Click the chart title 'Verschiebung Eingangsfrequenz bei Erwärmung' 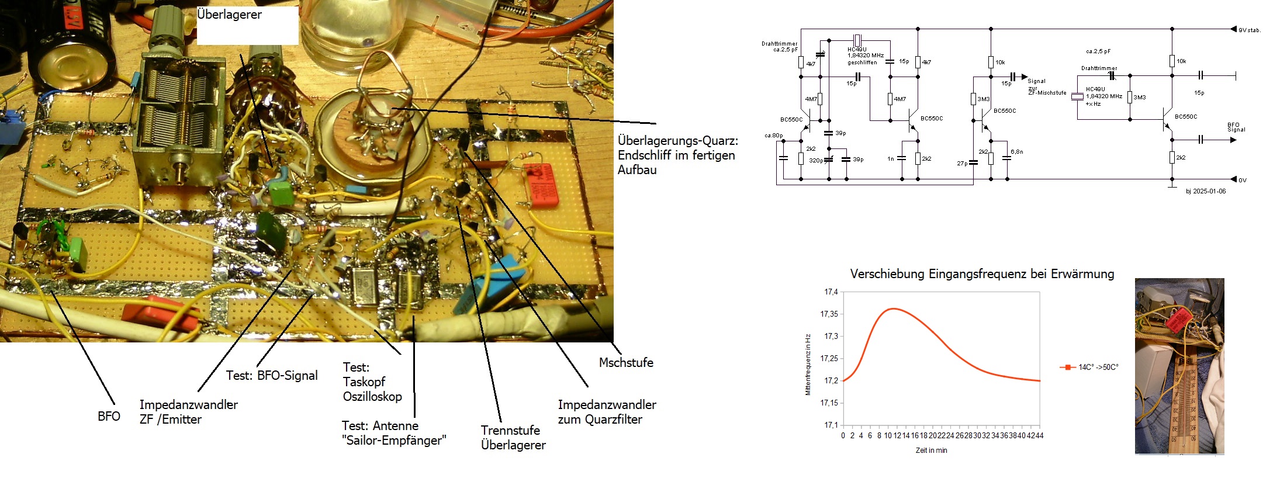pyautogui.click(x=982, y=274)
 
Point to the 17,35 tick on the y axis pyautogui.click(x=829, y=314)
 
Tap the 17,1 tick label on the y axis pyautogui.click(x=831, y=425)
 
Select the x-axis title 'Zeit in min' pyautogui.click(x=931, y=451)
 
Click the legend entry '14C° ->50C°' pyautogui.click(x=1089, y=367)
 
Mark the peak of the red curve pyautogui.click(x=892, y=309)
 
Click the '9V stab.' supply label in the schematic pyautogui.click(x=1249, y=30)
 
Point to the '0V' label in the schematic pyautogui.click(x=1243, y=180)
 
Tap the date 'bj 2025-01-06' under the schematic pyautogui.click(x=1206, y=191)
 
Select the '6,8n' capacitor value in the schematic pyautogui.click(x=1017, y=152)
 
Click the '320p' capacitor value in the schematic pyautogui.click(x=816, y=160)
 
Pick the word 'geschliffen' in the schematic pyautogui.click(x=862, y=63)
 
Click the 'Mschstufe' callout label pyautogui.click(x=626, y=363)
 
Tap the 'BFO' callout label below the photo pyautogui.click(x=109, y=417)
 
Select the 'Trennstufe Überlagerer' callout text pyautogui.click(x=513, y=438)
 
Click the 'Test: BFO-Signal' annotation pyautogui.click(x=272, y=376)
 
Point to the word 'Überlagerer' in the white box pyautogui.click(x=229, y=15)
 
